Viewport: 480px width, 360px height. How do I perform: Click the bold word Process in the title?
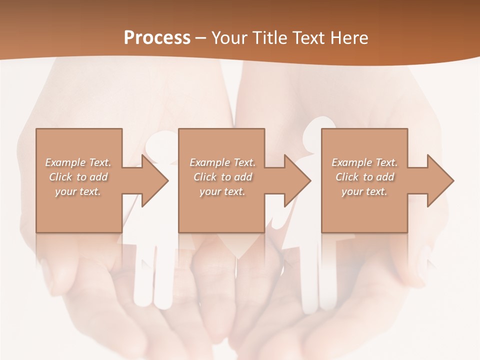tap(157, 37)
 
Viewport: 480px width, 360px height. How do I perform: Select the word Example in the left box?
tap(65, 162)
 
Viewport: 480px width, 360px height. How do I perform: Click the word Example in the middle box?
tap(209, 162)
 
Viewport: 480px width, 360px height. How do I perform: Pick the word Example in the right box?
tap(351, 162)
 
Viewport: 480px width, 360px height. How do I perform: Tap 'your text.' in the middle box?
tap(222, 191)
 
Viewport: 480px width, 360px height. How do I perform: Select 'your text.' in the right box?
tap(364, 191)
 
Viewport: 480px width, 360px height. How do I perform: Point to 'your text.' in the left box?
tap(78, 191)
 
